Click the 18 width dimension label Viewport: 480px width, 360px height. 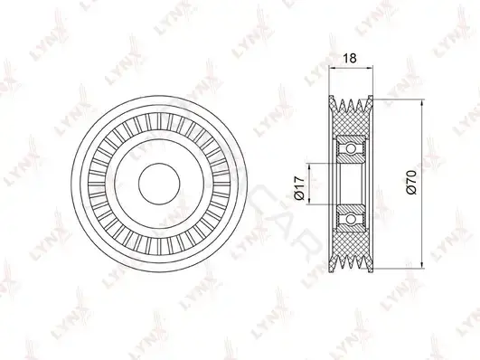(x=351, y=58)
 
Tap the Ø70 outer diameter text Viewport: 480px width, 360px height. (x=411, y=183)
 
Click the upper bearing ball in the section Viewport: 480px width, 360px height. (x=351, y=149)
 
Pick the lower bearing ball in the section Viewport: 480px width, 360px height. (x=351, y=219)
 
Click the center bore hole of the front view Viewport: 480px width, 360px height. (x=159, y=184)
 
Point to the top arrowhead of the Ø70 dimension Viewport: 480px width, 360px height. (x=422, y=102)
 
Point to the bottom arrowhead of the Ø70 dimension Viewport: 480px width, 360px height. (x=422, y=266)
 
